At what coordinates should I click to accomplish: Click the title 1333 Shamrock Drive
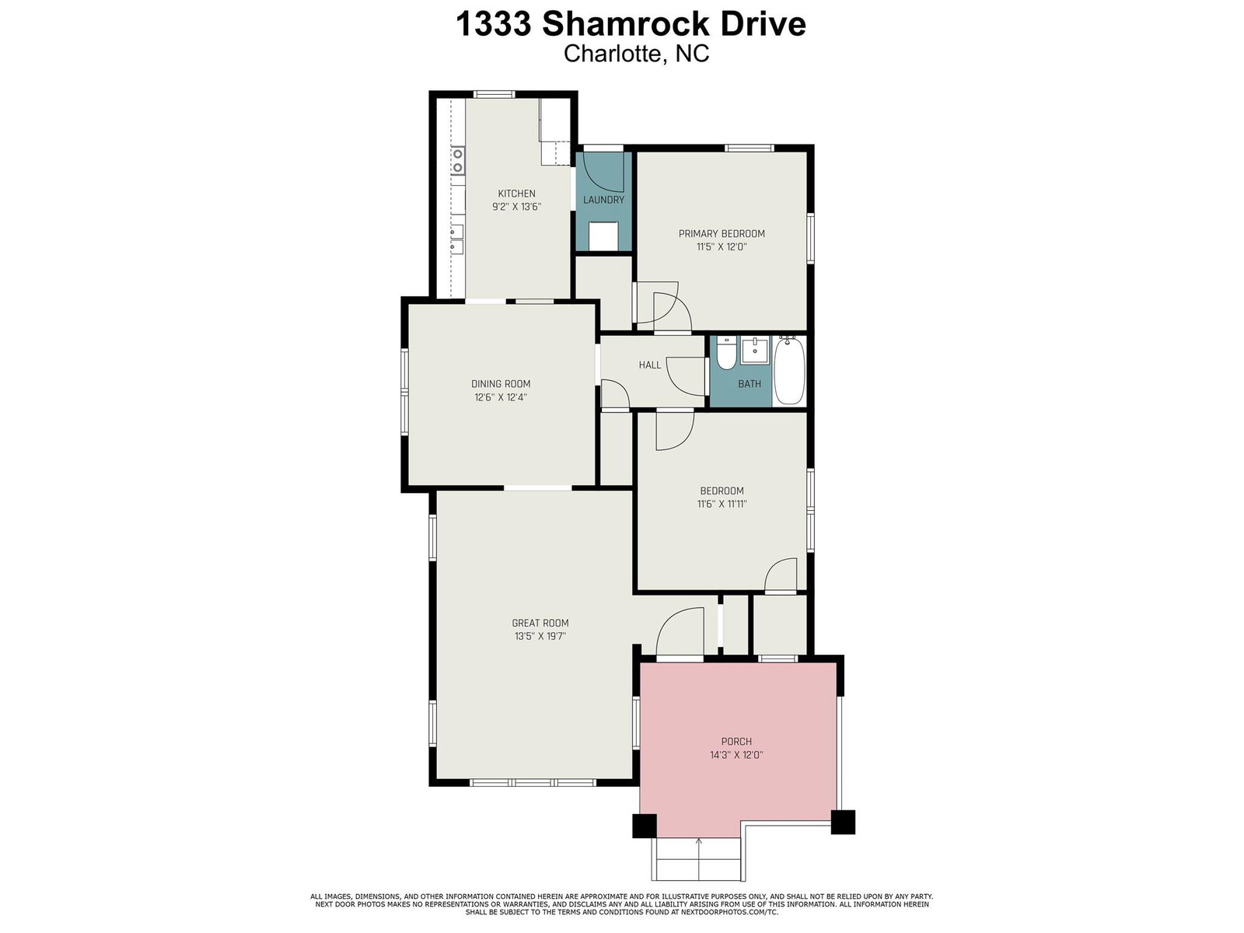click(x=631, y=24)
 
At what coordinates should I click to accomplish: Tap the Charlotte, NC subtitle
click(x=636, y=54)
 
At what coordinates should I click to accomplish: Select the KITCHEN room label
click(x=516, y=194)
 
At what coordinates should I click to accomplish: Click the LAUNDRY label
click(x=603, y=200)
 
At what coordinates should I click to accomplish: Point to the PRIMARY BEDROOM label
click(x=722, y=233)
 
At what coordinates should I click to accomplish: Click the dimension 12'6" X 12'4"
click(x=501, y=397)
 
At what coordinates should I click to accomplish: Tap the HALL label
click(x=650, y=365)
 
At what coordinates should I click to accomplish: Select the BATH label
click(x=750, y=384)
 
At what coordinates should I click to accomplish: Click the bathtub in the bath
click(x=788, y=371)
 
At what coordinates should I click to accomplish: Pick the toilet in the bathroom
click(x=726, y=353)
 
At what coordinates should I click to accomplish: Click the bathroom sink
click(x=755, y=350)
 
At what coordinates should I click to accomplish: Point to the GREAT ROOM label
click(x=540, y=623)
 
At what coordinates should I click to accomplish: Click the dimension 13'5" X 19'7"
click(x=540, y=636)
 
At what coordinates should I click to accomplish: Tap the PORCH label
click(x=736, y=742)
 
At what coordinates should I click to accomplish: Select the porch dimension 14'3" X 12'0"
click(x=736, y=755)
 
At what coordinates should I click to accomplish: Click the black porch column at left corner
click(x=645, y=826)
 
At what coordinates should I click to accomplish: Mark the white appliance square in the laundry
click(x=603, y=236)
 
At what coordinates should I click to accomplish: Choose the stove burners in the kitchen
click(x=458, y=160)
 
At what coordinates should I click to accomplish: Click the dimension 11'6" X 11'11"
click(x=722, y=504)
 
